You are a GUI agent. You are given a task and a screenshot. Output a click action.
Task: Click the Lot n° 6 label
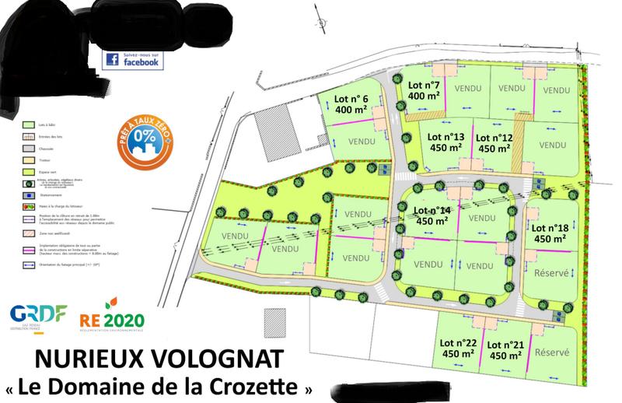tap(351, 104)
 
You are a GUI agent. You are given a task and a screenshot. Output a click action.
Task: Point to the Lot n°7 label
tap(425, 90)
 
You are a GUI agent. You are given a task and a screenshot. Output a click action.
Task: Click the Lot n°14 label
tap(434, 216)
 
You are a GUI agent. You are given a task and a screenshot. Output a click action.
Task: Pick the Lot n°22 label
tap(459, 349)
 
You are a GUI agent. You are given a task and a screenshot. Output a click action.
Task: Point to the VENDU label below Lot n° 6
tap(362, 142)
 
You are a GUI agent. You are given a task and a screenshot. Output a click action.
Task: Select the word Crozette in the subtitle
tap(267, 385)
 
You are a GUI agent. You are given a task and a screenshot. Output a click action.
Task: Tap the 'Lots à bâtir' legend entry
tap(42, 124)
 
